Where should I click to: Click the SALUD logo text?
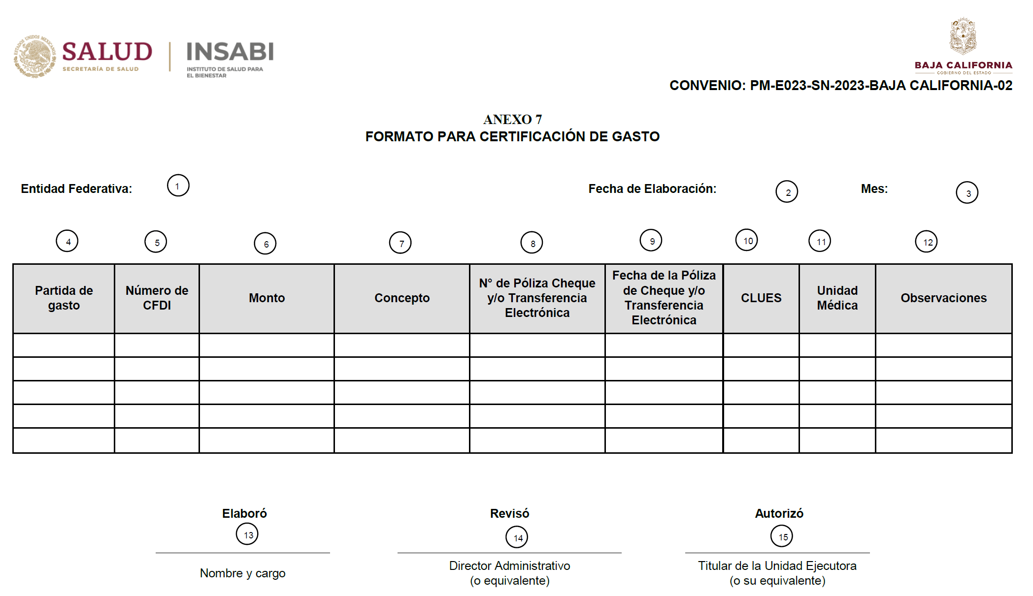pos(107,52)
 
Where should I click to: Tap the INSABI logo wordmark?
pos(230,52)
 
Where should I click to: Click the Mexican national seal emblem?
pos(34,56)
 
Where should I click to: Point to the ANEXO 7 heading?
pos(512,120)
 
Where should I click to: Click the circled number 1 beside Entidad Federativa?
pos(178,186)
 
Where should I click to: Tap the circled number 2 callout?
pos(787,192)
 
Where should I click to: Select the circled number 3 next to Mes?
pos(967,193)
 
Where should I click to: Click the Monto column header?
pos(267,298)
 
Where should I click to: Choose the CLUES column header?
pos(761,298)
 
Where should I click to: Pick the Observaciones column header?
pos(943,298)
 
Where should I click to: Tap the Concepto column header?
pos(402,298)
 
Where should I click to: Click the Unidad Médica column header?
pos(837,298)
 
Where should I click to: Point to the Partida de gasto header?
pos(64,298)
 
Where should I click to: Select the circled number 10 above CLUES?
pos(747,240)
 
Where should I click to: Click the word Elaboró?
pos(244,514)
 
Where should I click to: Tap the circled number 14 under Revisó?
pos(517,537)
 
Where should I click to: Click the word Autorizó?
pos(779,514)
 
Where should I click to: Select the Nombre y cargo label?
pos(242,573)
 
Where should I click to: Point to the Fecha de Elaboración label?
pos(652,189)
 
